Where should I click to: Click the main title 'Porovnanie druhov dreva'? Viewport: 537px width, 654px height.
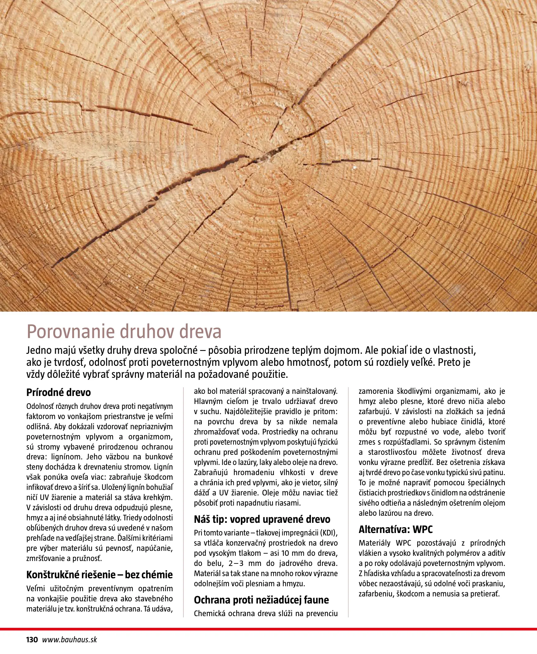click(124, 332)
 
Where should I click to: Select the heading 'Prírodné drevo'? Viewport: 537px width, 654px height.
click(59, 393)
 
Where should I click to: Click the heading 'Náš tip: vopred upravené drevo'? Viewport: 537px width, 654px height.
click(262, 519)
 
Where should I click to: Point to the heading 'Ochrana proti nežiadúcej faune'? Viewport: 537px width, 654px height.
click(261, 600)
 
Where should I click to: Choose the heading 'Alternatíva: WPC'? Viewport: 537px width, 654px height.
click(395, 529)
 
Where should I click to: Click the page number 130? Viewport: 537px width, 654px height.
click(32, 640)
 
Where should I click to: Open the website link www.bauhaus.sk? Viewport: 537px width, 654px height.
click(69, 640)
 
